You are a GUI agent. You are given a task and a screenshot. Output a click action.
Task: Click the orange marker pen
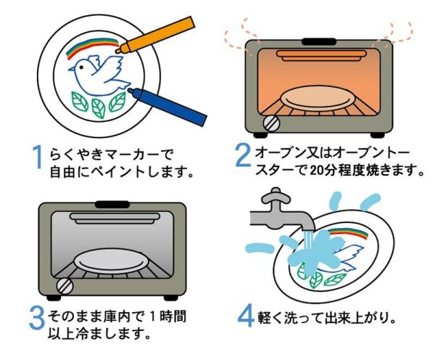coord(157,36)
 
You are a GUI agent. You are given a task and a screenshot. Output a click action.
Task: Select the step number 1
coord(39,157)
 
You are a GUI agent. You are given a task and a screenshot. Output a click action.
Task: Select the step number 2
coord(243,157)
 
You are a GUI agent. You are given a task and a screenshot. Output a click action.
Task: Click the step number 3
coord(38,317)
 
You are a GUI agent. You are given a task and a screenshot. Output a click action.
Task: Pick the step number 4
coord(246,317)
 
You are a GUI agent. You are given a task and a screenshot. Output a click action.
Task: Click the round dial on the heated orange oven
coord(271,123)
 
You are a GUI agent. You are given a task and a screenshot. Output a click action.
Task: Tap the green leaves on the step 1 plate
coord(98,106)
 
